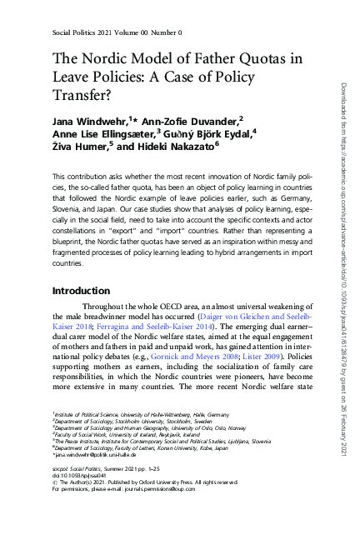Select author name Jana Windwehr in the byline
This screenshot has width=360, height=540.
[x=85, y=122]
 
